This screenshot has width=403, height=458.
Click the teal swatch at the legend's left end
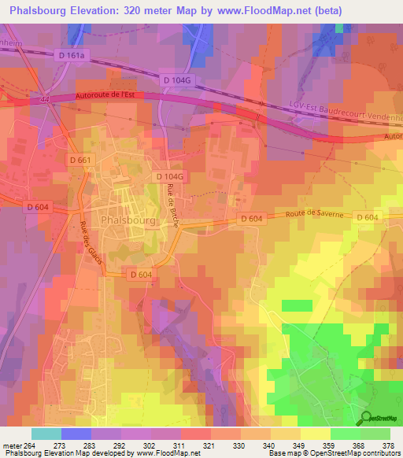[46, 434]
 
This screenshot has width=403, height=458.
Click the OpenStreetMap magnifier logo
[366, 419]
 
